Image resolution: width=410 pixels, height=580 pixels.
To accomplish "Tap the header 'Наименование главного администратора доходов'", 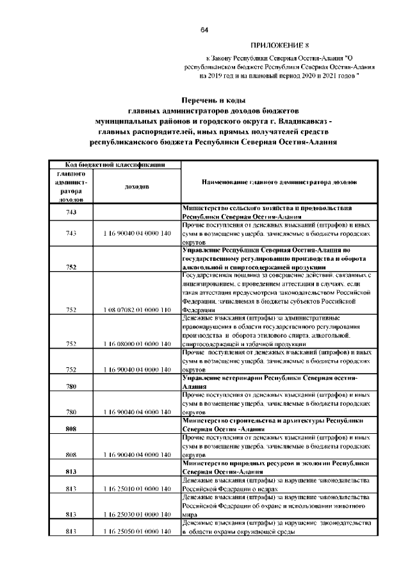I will pos(277,183).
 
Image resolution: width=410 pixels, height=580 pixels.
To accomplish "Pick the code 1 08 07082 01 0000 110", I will pos(137,310).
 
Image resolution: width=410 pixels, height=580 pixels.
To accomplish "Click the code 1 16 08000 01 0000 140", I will pos(137,344).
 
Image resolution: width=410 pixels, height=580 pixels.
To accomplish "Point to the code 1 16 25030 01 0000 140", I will pos(137,531).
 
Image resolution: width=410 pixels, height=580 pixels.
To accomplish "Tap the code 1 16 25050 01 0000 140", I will pos(137,549).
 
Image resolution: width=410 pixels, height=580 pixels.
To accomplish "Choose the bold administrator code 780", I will pos(71,386).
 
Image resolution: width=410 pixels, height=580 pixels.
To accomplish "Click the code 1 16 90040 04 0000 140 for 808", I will pos(137,455).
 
